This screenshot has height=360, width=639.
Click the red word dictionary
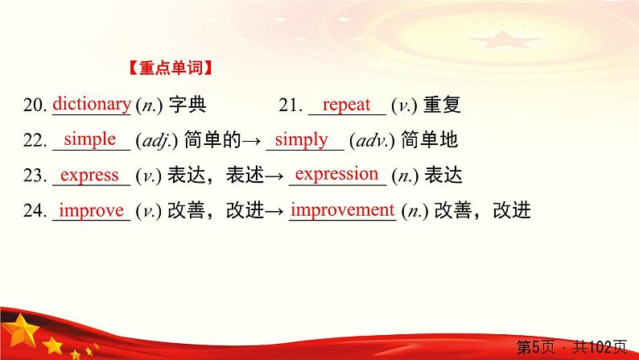91,104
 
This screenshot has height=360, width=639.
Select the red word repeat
346,104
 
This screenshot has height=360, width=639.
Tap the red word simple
89,139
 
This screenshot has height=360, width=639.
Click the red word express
90,175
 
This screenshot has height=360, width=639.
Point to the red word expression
336,174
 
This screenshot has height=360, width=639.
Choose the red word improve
91,210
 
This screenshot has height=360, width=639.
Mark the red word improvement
341,210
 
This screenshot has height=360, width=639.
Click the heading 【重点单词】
171,69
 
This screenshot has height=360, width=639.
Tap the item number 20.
35,106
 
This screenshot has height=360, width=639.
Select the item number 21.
290,106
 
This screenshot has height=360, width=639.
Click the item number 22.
35,141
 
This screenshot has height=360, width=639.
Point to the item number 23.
35,176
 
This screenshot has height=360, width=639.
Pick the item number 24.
35,212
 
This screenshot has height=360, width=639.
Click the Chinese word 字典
187,106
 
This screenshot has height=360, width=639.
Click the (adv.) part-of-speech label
369,141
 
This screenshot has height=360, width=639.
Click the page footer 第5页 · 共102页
571,348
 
